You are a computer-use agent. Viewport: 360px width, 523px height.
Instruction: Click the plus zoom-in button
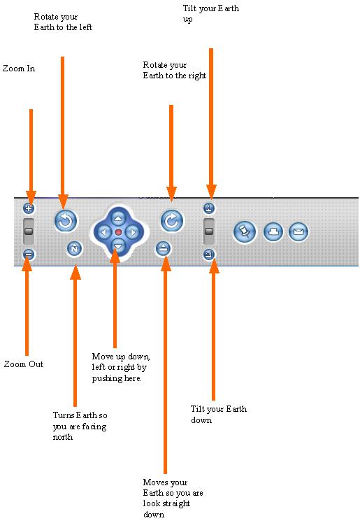click(x=29, y=208)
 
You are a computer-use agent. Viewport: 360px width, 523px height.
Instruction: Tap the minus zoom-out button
click(x=29, y=255)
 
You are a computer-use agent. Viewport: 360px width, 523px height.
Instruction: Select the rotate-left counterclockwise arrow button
click(x=66, y=221)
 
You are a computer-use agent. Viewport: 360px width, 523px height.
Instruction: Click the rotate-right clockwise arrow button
click(x=172, y=221)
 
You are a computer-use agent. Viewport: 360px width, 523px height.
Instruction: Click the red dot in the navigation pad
click(x=118, y=232)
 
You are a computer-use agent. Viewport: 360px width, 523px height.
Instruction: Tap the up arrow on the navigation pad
click(x=118, y=218)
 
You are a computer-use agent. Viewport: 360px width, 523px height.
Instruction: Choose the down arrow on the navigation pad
click(x=118, y=246)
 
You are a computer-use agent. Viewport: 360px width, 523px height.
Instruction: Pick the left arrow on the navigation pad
click(x=104, y=232)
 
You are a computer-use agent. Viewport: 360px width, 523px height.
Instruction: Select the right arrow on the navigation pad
click(x=133, y=232)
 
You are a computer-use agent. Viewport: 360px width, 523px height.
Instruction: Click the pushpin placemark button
click(x=245, y=232)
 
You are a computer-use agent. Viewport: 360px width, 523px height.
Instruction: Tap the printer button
click(x=273, y=232)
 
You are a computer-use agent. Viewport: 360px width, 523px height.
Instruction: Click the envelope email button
click(x=298, y=232)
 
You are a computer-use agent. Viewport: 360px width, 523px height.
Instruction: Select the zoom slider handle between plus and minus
click(x=29, y=231)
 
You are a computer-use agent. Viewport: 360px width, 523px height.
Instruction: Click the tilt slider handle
click(x=209, y=231)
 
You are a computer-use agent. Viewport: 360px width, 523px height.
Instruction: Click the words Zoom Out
click(x=24, y=364)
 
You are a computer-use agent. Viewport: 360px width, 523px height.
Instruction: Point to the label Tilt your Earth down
click(x=219, y=414)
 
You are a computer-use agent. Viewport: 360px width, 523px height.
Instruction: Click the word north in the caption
click(x=63, y=437)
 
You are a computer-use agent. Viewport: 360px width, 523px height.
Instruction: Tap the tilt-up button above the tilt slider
click(x=209, y=208)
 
